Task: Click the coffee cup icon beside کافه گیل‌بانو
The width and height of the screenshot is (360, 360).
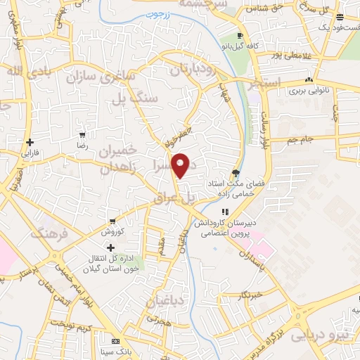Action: point(240,35)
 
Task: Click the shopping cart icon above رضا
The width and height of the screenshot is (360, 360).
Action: point(83,134)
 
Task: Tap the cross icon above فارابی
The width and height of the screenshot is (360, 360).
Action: point(30,141)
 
